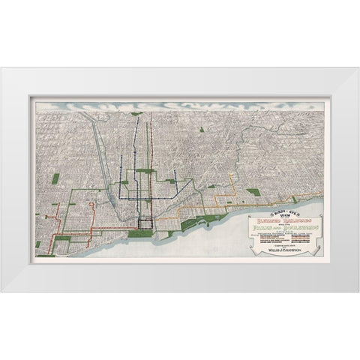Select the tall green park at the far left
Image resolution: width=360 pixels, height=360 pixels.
click(x=55, y=179)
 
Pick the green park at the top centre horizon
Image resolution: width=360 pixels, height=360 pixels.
click(x=136, y=114)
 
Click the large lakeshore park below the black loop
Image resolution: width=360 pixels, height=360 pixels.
click(x=139, y=233)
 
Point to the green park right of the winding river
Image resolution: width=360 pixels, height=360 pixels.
click(x=253, y=192)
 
